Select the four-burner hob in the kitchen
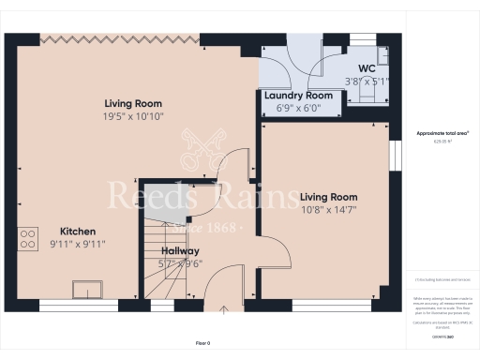pyautogui.click(x=26, y=236)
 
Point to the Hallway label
pyautogui.click(x=178, y=251)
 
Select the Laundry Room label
pyautogui.click(x=298, y=96)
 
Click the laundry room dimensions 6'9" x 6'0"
pyautogui.click(x=298, y=108)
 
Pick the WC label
pyautogui.click(x=367, y=68)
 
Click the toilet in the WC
pyautogui.click(x=360, y=94)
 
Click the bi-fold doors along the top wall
pyautogui.click(x=121, y=37)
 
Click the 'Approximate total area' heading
pyautogui.click(x=442, y=133)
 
